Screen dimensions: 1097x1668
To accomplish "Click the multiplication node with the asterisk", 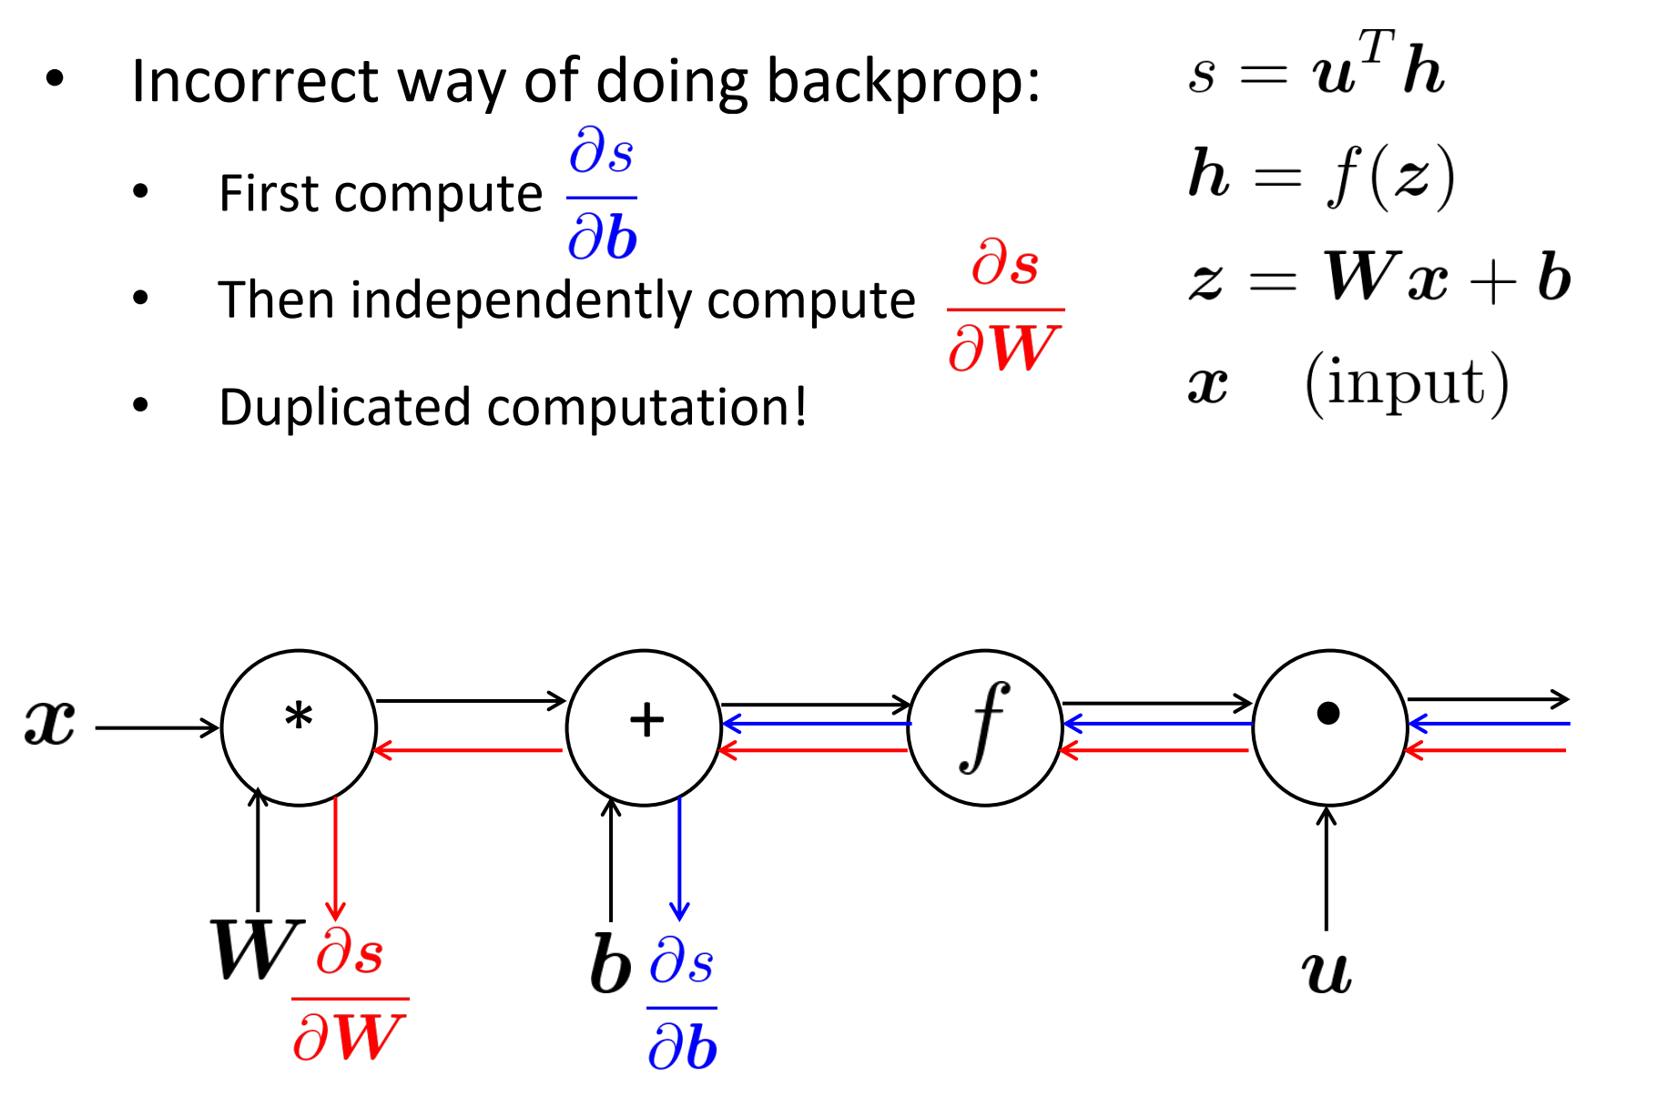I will [x=299, y=727].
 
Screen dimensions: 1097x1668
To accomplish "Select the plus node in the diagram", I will [x=645, y=727].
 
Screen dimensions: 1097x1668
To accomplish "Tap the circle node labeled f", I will [x=985, y=727].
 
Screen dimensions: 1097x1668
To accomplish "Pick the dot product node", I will [x=1329, y=727].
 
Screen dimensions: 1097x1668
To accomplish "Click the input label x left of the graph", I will [x=50, y=724].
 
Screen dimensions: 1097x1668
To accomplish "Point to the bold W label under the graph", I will [x=255, y=950].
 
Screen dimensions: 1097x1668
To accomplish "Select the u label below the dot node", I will [x=1327, y=972].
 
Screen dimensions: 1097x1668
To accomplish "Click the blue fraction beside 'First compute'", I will [x=602, y=195].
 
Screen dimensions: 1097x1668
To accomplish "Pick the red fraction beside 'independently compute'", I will [x=1004, y=307].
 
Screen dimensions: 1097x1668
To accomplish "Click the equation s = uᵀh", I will [x=1316, y=68].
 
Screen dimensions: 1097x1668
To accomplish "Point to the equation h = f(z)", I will [x=1320, y=175].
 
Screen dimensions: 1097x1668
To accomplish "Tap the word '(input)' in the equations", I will [x=1407, y=383].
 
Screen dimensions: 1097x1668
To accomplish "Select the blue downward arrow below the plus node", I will [x=679, y=857].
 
